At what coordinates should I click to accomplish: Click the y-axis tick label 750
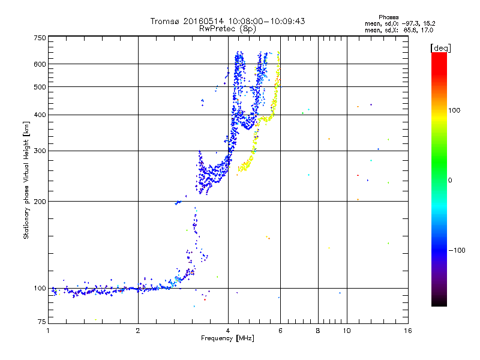pyautogui.click(x=40, y=38)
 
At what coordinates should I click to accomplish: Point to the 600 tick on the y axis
pyautogui.click(x=40, y=64)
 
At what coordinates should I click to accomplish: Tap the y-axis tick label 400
pyautogui.click(x=40, y=115)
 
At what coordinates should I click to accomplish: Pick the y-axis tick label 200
pyautogui.click(x=40, y=201)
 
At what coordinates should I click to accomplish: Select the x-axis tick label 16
pyautogui.click(x=407, y=331)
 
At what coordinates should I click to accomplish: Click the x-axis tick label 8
pyautogui.click(x=318, y=331)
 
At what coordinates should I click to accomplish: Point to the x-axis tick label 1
pyautogui.click(x=49, y=331)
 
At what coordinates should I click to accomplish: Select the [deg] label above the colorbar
pyautogui.click(x=440, y=47)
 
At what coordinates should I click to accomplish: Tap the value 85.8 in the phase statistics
pyautogui.click(x=409, y=29)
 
